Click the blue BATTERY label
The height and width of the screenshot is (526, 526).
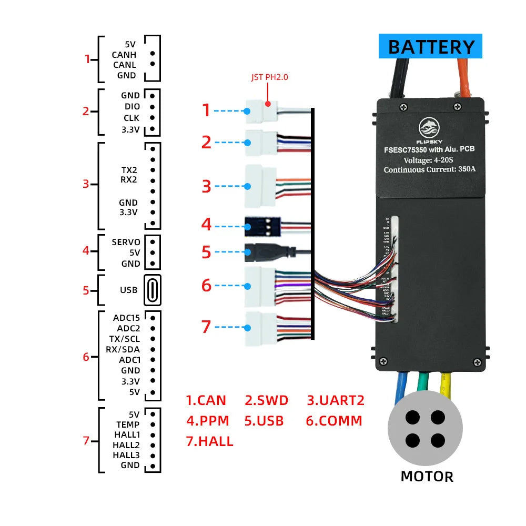click(430, 47)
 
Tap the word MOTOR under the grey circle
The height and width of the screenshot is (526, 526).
click(427, 477)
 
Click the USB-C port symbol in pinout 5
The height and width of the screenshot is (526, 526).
click(152, 290)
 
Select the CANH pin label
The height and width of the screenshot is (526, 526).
click(124, 55)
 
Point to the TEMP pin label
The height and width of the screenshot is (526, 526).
click(128, 424)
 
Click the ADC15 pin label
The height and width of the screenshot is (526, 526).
click(126, 318)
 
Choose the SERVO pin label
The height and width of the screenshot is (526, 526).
click(126, 242)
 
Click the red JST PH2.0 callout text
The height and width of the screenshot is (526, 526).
click(269, 77)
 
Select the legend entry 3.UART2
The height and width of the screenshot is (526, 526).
click(336, 400)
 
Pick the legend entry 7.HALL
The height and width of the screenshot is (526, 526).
click(210, 441)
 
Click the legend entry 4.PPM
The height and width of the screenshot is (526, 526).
click(208, 421)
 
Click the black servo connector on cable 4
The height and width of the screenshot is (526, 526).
click(261, 227)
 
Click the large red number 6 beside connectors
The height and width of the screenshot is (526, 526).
click(207, 285)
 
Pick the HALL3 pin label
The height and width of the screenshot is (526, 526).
click(126, 455)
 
